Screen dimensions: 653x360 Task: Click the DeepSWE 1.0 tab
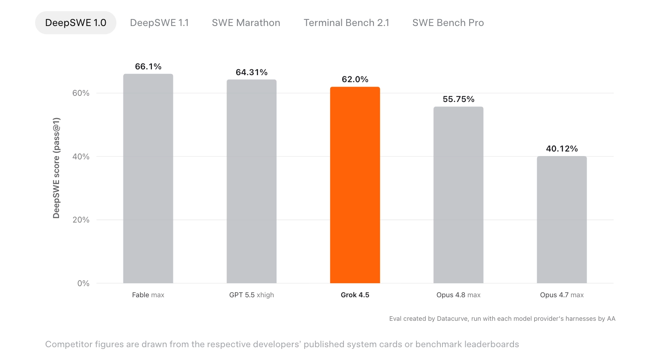76,23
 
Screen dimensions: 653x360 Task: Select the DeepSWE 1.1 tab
159,23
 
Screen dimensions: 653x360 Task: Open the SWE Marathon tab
246,23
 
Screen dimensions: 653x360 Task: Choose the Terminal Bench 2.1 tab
346,23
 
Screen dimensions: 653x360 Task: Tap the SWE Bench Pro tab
448,23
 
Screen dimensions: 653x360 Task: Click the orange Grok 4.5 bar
355,185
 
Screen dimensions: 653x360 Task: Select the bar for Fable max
148,178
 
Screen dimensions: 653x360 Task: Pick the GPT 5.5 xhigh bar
251,181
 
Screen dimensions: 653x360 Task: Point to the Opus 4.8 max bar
458,195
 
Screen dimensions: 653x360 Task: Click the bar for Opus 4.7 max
562,220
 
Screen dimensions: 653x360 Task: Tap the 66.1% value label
148,66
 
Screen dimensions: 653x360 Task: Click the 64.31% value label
251,72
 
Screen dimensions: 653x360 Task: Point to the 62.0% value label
355,79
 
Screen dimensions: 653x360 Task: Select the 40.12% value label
562,149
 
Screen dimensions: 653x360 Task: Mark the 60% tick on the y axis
81,93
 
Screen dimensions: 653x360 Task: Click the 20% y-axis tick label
81,220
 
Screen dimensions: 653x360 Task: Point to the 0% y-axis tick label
83,283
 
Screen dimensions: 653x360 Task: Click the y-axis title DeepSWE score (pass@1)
56,168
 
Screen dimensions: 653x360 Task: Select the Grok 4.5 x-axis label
355,295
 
